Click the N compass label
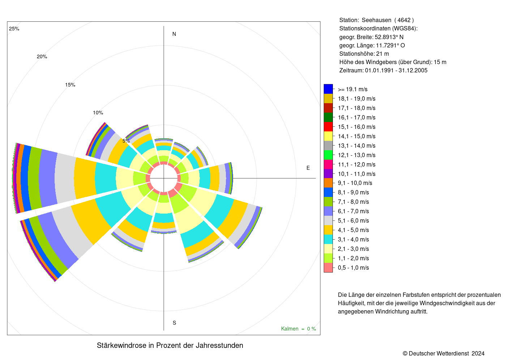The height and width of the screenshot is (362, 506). [x=174, y=34]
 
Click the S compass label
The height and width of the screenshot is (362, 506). [x=174, y=323]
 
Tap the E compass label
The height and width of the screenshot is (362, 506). [x=308, y=168]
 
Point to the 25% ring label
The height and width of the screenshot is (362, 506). [x=14, y=29]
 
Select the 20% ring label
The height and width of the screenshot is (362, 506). [x=42, y=56]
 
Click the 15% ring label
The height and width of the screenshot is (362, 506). [x=70, y=85]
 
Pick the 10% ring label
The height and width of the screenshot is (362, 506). [x=98, y=113]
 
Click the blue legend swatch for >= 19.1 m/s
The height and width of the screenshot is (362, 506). [x=328, y=89]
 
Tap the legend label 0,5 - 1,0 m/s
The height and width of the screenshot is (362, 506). [x=353, y=268]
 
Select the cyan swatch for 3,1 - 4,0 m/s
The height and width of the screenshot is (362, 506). [x=328, y=239]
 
